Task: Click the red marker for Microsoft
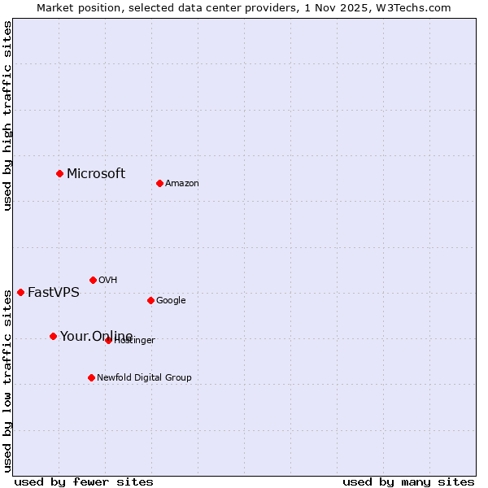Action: pyautogui.click(x=59, y=173)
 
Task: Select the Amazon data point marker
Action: pyautogui.click(x=159, y=183)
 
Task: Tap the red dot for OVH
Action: pyautogui.click(x=93, y=280)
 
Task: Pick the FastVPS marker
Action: pyautogui.click(x=20, y=292)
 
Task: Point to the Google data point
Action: pyautogui.click(x=150, y=300)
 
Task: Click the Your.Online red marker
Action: pyautogui.click(x=53, y=336)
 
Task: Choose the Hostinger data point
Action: pyautogui.click(x=108, y=340)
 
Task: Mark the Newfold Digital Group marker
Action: pyautogui.click(x=91, y=377)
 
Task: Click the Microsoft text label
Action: pyautogui.click(x=96, y=173)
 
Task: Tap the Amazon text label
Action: pyautogui.click(x=182, y=184)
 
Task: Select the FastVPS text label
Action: pyautogui.click(x=54, y=293)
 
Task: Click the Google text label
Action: pyautogui.click(x=171, y=301)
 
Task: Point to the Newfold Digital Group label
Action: pyautogui.click(x=144, y=377)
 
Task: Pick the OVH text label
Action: pyautogui.click(x=108, y=281)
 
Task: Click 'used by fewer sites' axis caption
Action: pyautogui.click(x=84, y=481)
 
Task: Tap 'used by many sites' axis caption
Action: pyautogui.click(x=408, y=481)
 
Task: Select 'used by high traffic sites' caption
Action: pyautogui.click(x=7, y=115)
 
